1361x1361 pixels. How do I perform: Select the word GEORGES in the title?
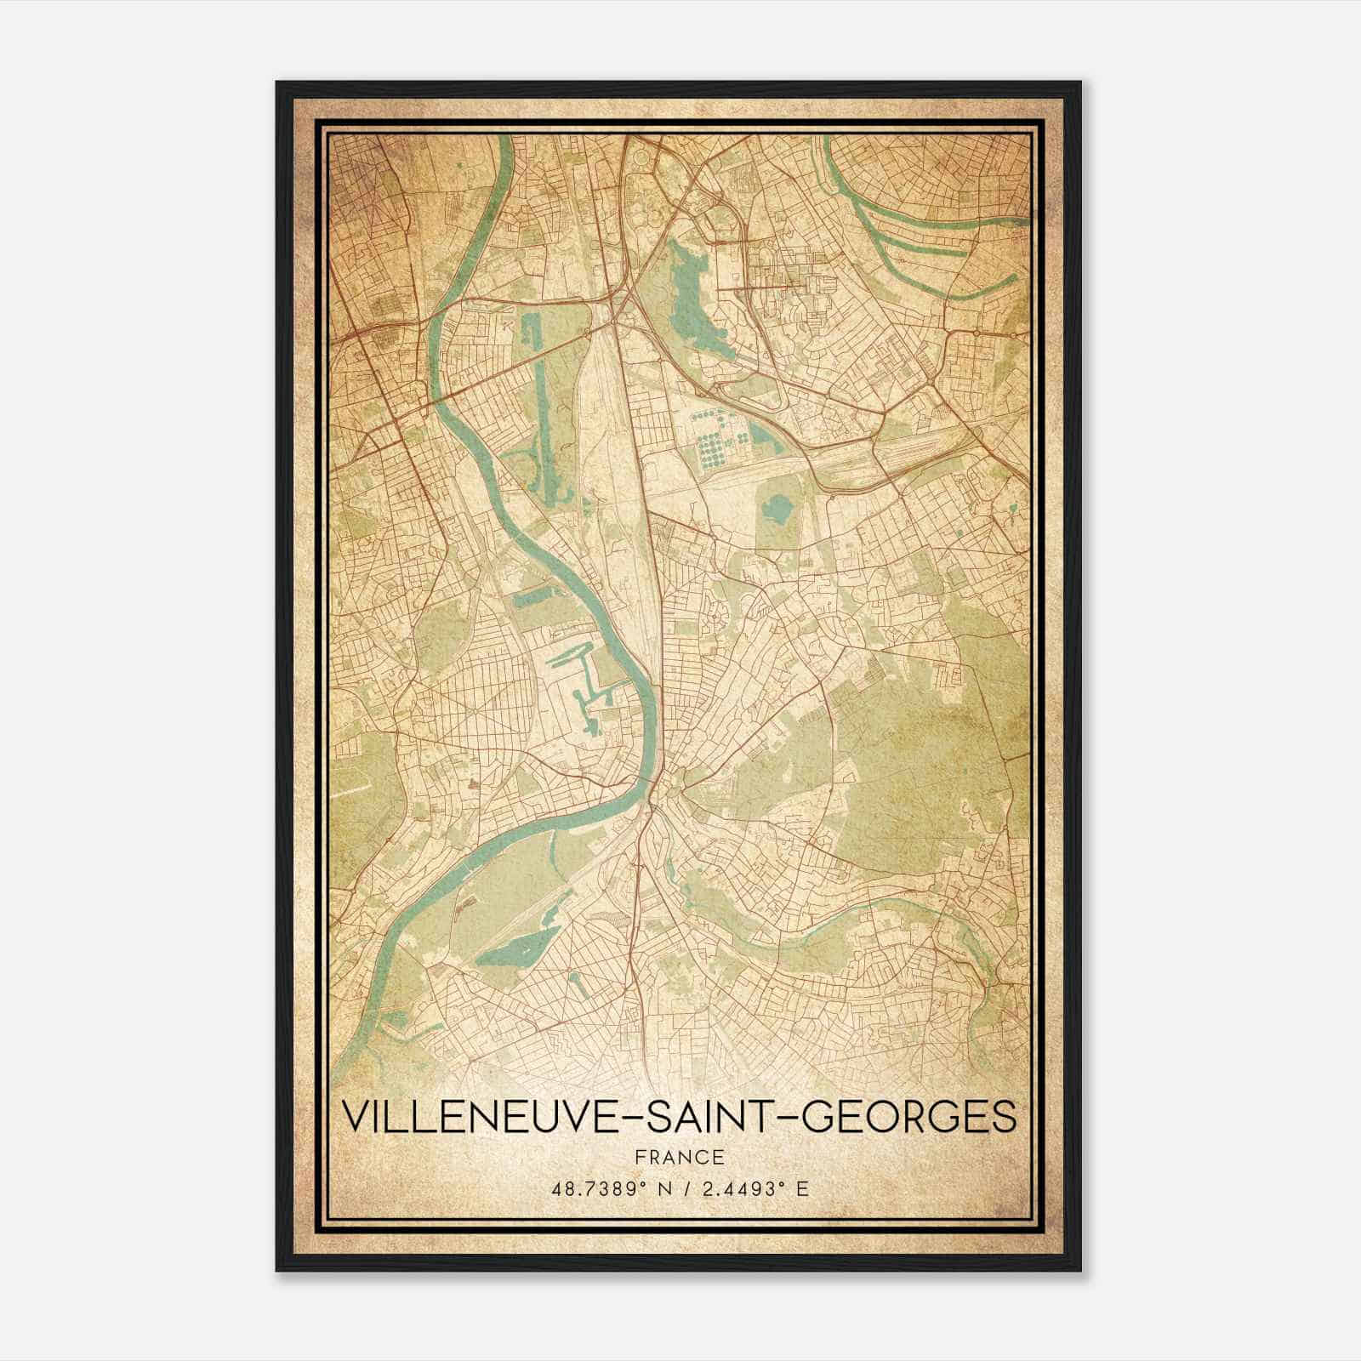click(x=909, y=1116)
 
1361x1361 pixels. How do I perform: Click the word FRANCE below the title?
click(x=679, y=1157)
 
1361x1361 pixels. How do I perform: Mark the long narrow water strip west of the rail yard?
click(x=543, y=408)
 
